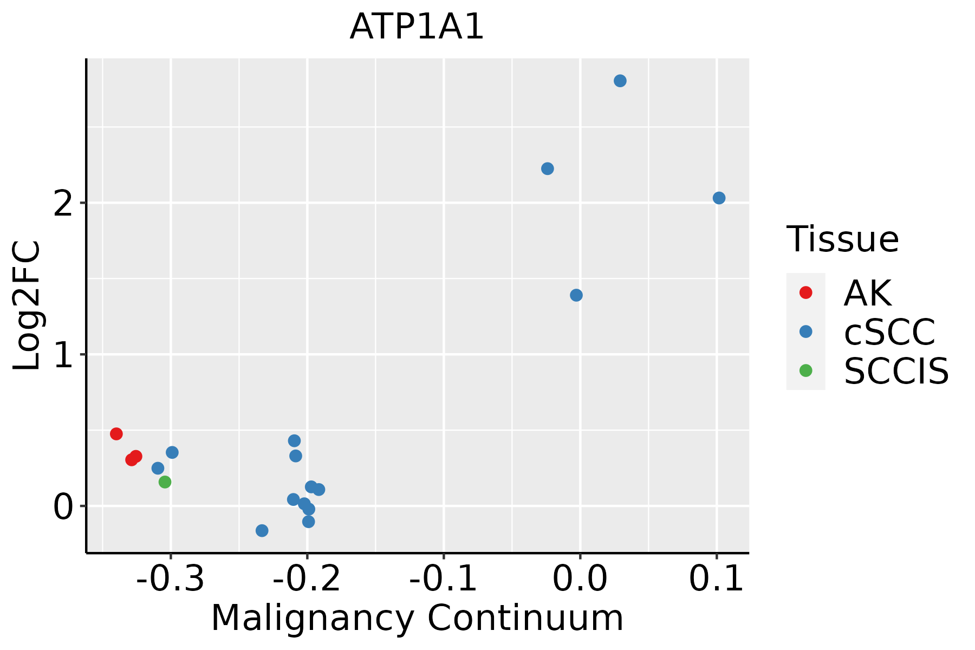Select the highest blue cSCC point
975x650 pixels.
click(x=620, y=81)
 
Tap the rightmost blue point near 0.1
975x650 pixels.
click(x=719, y=198)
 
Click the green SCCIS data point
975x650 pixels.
click(x=165, y=482)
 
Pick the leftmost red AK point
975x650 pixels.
click(x=116, y=433)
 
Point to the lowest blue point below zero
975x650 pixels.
click(x=262, y=530)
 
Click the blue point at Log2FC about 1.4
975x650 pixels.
click(x=576, y=295)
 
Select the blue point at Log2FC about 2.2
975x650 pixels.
click(x=548, y=169)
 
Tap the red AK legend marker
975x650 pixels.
click(x=805, y=292)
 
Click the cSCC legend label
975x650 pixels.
click(x=889, y=331)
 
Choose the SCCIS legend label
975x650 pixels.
click(x=896, y=371)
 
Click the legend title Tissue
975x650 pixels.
click(x=842, y=239)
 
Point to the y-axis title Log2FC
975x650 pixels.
click(x=27, y=305)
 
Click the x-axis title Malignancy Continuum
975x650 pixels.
click(x=417, y=618)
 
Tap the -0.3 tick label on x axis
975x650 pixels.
click(x=171, y=579)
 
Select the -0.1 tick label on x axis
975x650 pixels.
click(x=443, y=579)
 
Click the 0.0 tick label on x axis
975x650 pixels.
click(x=580, y=579)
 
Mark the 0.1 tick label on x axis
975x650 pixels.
click(x=716, y=579)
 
